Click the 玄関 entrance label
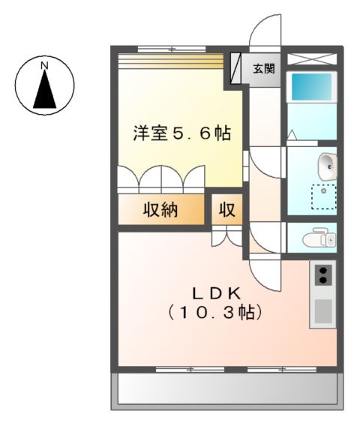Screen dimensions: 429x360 pos(263,70)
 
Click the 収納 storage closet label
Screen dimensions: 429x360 pos(160,211)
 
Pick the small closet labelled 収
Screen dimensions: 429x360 pos(226,211)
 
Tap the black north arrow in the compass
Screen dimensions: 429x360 pos(45,92)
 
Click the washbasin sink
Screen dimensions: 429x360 pos(328,163)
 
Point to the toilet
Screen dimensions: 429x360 pos(320,239)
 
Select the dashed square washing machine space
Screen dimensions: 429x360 pos(324,196)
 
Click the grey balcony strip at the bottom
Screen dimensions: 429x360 pos(226,389)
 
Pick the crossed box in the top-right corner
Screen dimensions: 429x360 pos(312,58)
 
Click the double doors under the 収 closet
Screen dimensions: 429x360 pos(226,237)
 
